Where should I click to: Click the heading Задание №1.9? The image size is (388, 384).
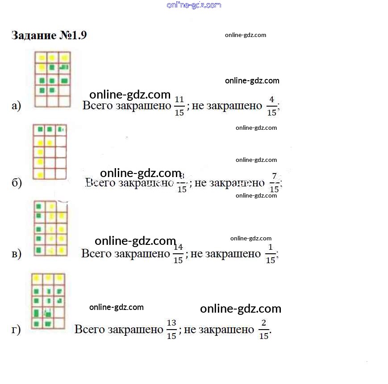tap(49, 36)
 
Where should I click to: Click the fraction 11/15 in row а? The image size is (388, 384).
tap(179, 106)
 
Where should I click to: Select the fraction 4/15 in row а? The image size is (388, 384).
tap(271, 106)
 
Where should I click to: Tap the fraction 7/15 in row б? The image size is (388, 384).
tap(274, 183)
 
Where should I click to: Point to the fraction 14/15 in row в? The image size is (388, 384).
tap(178, 254)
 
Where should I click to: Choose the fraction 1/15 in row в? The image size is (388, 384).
tap(271, 254)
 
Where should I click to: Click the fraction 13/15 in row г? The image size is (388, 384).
tap(171, 330)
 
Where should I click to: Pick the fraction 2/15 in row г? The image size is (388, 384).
tap(264, 330)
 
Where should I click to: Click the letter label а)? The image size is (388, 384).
tap(17, 106)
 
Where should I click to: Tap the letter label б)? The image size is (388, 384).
tap(17, 183)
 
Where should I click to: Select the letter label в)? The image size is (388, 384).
tap(17, 254)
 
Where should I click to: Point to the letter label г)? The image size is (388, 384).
tap(16, 330)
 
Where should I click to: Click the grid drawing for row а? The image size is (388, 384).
tap(53, 79)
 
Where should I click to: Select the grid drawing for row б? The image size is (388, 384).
tap(50, 152)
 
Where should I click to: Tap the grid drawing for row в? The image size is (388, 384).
tap(51, 228)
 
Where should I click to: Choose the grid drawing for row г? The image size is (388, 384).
tap(48, 301)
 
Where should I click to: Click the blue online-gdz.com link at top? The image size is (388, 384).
tap(194, 5)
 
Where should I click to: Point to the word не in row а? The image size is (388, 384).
tap(197, 106)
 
